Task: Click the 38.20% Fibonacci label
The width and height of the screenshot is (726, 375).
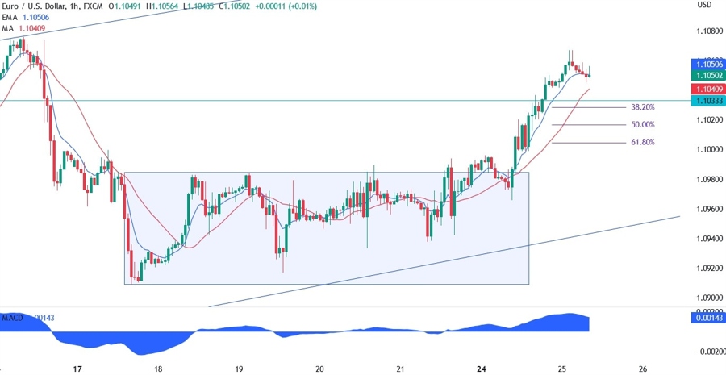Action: click(642, 107)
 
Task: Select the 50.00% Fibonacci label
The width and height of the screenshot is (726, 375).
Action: click(642, 125)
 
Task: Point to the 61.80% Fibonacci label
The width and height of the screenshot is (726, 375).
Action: click(642, 142)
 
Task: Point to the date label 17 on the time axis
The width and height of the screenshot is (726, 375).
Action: click(77, 369)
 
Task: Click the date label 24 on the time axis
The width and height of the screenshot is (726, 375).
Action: click(481, 369)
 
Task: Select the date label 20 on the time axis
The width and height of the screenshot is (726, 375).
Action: click(319, 369)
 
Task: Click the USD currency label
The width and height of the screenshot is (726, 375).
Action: click(704, 5)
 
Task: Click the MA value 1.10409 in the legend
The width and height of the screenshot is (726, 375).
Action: click(31, 29)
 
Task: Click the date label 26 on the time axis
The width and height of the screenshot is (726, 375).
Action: click(642, 369)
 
